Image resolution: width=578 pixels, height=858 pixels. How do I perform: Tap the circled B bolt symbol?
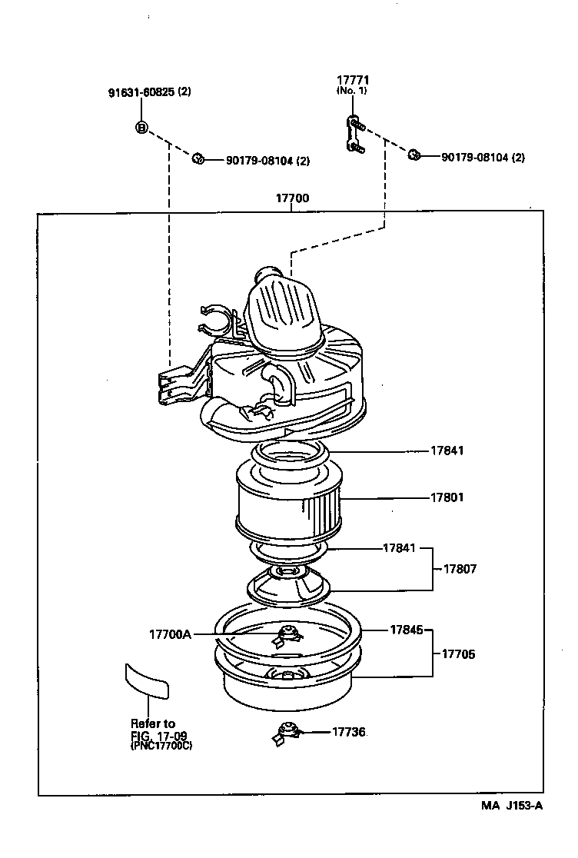(141, 128)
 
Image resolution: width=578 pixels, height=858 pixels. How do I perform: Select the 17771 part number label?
(352, 80)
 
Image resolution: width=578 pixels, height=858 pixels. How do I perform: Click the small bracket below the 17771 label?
(354, 134)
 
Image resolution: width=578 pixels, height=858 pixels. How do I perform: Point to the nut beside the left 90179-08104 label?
(198, 158)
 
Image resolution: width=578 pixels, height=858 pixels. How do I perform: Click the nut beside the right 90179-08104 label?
(414, 155)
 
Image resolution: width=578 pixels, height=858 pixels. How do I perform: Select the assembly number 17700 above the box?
(292, 198)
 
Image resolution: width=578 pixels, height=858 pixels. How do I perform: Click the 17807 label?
(460, 569)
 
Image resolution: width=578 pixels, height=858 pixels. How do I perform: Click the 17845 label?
(406, 629)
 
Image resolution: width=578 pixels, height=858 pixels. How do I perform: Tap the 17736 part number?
(349, 733)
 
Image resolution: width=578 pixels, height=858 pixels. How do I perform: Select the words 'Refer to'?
(152, 723)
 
